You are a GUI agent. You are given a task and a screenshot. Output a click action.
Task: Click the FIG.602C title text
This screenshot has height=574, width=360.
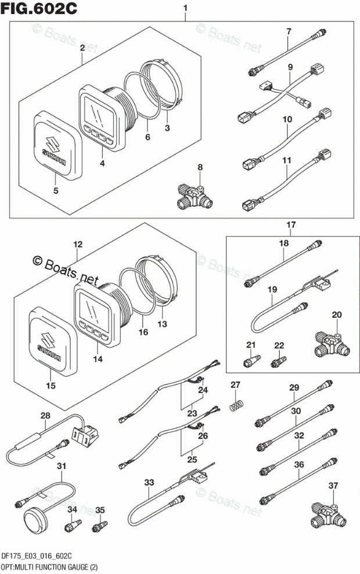pyautogui.click(x=39, y=8)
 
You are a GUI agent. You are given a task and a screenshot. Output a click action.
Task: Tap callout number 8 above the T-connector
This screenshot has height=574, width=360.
pyautogui.click(x=200, y=167)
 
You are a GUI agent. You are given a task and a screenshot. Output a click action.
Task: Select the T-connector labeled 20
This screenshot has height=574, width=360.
pyautogui.click(x=332, y=344)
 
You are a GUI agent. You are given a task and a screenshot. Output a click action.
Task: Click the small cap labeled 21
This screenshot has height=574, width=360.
pyautogui.click(x=251, y=360)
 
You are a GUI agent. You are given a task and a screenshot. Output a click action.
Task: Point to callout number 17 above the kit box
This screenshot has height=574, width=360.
pyautogui.click(x=291, y=225)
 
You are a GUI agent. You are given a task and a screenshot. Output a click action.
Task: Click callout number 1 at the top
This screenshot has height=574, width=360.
pyautogui.click(x=185, y=8)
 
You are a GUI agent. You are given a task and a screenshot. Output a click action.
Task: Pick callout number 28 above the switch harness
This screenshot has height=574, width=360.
pyautogui.click(x=46, y=416)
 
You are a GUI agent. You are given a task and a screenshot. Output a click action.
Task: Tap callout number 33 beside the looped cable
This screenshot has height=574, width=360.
pyautogui.click(x=149, y=482)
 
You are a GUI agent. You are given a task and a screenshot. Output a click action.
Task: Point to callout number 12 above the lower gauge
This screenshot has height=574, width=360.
pyautogui.click(x=78, y=244)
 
